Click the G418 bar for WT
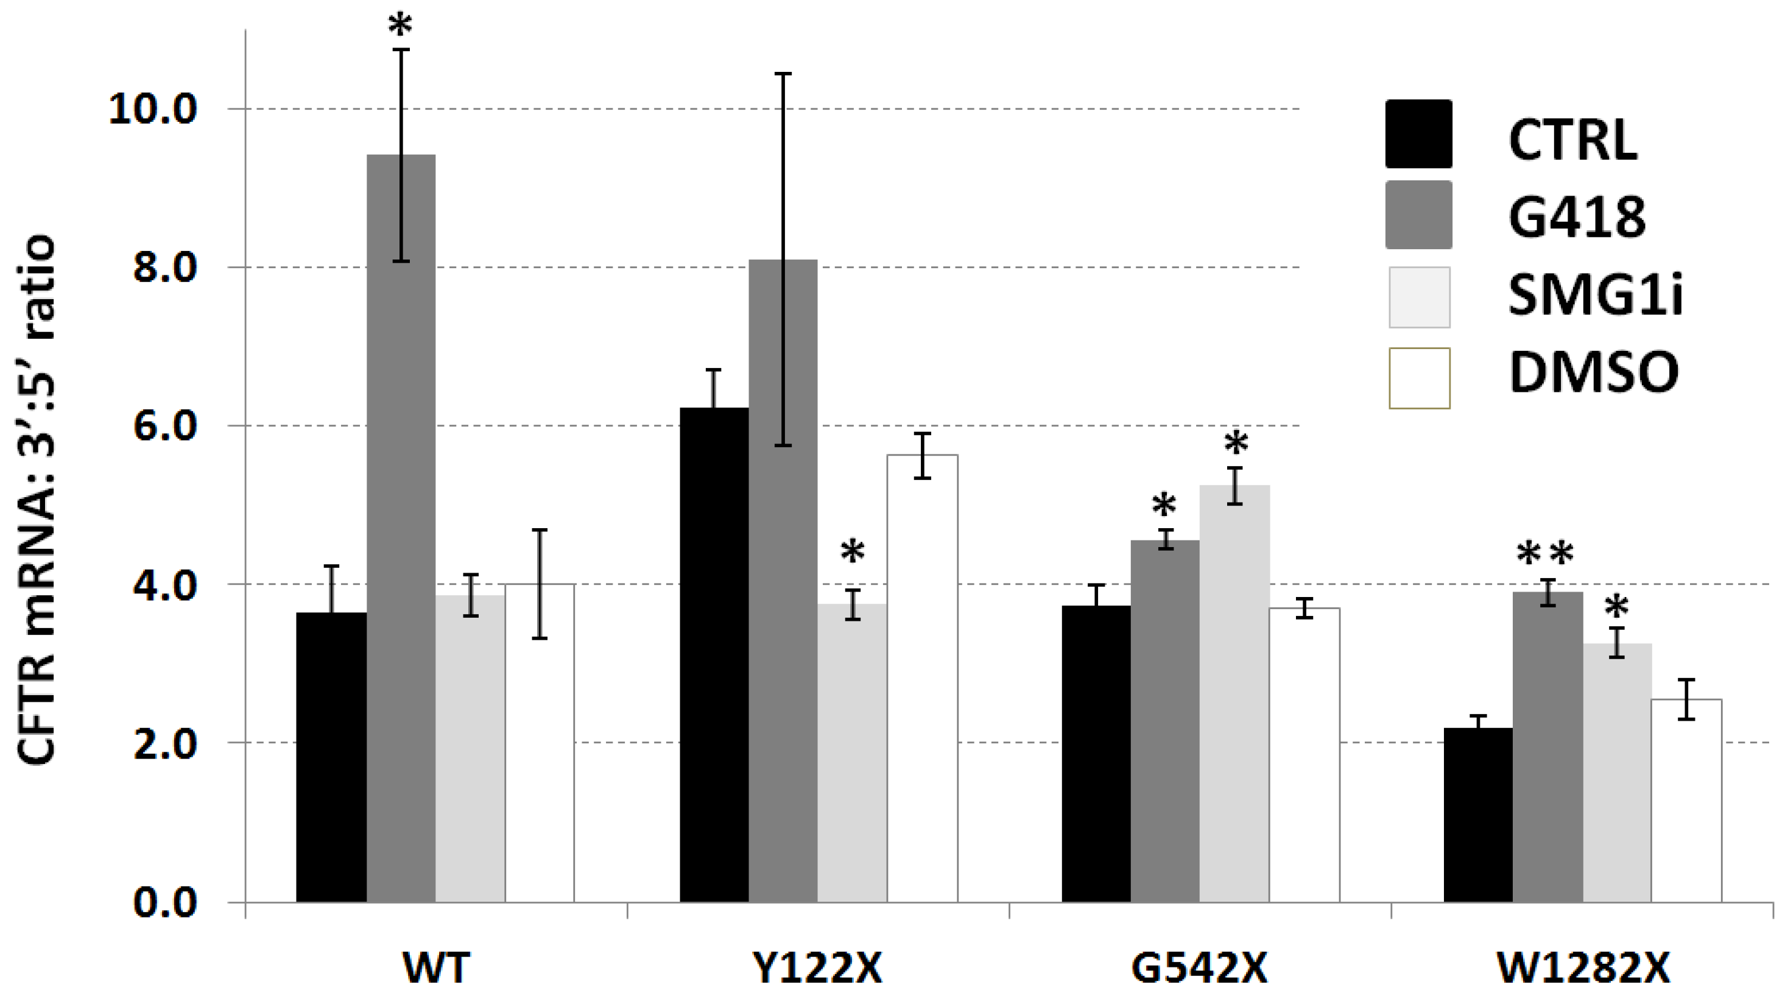401,526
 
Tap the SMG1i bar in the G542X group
1234,693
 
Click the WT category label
436,968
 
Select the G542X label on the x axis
1200,968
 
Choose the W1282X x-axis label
1583,968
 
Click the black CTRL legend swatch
1418,134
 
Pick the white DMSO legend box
1419,378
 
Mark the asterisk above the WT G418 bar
401,26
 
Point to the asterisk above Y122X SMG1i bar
853,553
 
